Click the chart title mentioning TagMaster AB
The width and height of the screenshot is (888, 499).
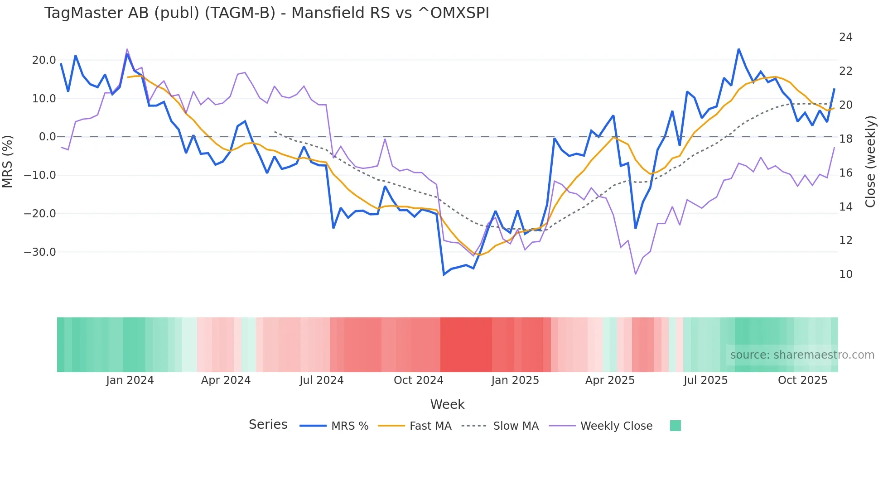coord(266,13)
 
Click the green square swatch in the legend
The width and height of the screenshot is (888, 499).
coord(675,426)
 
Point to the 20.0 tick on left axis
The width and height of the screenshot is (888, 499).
coord(44,60)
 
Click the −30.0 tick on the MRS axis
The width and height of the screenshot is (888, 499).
coord(40,252)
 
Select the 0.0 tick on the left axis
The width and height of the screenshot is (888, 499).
coord(48,137)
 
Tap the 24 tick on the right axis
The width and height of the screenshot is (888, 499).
coord(845,37)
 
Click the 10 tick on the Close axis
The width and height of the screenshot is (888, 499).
coord(845,274)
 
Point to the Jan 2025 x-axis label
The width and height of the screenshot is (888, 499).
coord(515,380)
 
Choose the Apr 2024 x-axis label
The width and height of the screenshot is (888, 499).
coord(226,380)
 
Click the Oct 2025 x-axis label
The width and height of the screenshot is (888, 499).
coord(802,380)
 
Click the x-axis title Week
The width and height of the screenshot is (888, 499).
coord(447,404)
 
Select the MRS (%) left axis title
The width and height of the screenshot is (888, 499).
coord(8,161)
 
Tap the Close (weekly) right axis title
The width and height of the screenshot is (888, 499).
coord(870,162)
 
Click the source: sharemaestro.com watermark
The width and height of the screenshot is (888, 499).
coord(802,355)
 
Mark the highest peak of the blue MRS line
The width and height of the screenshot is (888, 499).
coord(738,49)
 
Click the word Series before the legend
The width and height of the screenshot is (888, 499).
coord(268,425)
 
